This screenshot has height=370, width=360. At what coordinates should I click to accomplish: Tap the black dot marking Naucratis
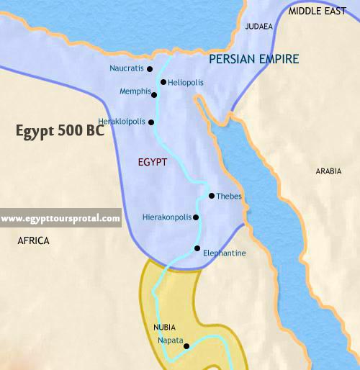[150, 69]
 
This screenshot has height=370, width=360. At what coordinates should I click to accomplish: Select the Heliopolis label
[186, 83]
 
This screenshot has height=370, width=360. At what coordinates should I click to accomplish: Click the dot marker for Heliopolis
[163, 82]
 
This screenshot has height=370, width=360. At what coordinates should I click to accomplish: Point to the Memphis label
[135, 92]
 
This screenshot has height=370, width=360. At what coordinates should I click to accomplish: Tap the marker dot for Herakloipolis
[151, 122]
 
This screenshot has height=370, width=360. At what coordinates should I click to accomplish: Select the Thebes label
[229, 197]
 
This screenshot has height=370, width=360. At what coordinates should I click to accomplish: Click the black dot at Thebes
[211, 196]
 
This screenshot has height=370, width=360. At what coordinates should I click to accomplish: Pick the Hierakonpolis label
[166, 217]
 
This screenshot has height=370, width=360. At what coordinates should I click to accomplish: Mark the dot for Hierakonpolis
[196, 217]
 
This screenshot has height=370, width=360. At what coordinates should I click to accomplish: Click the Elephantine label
[225, 253]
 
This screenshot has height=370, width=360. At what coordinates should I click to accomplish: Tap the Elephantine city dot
[197, 249]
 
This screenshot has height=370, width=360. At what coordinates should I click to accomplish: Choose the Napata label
[170, 339]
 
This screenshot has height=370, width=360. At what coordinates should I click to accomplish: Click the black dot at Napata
[186, 346]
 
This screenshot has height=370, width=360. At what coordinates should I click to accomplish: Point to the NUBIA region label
[165, 327]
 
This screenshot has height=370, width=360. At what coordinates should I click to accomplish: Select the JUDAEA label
[258, 27]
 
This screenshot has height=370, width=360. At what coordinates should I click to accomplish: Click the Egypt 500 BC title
[60, 132]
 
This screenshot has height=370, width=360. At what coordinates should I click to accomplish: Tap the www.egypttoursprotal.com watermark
[60, 218]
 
